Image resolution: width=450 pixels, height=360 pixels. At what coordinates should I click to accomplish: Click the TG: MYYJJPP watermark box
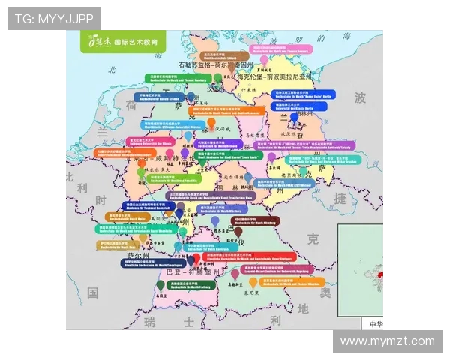click(54, 19)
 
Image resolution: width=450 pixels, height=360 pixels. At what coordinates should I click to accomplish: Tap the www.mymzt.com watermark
click(387, 341)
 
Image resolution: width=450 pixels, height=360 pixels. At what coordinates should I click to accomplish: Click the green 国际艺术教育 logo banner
click(124, 42)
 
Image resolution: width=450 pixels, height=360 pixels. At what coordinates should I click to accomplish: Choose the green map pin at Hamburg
click(217, 78)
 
